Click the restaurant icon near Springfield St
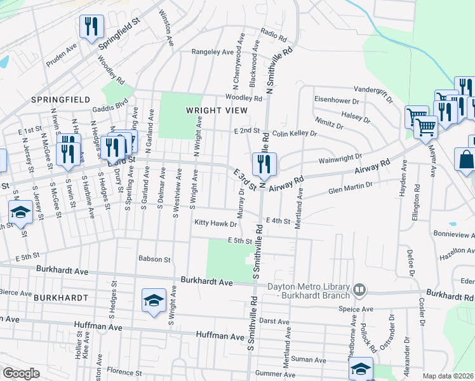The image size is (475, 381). click(91, 26)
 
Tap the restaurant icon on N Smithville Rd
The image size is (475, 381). click(263, 164)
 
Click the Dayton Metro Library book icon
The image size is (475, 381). click(359, 290)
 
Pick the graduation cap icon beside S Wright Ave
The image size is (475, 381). click(154, 300)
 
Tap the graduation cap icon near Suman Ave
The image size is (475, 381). click(361, 368)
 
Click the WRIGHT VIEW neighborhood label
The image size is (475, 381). click(207, 110)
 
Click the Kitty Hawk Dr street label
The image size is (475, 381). click(216, 224)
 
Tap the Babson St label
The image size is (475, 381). click(155, 259)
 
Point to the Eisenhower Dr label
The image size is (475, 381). click(337, 100)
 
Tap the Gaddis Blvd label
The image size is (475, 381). click(109, 105)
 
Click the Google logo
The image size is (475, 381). click(21, 373)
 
